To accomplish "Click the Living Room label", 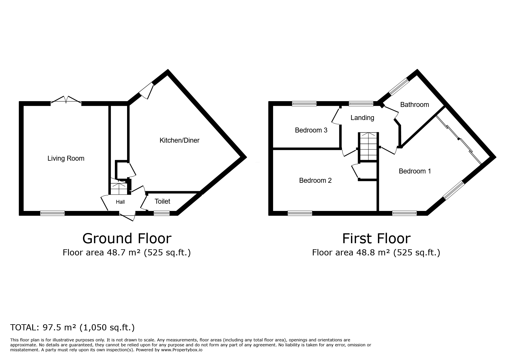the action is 66,158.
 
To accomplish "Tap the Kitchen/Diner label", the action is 179,140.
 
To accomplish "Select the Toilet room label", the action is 162,201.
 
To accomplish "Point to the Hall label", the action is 120,202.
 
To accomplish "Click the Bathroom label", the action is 414,105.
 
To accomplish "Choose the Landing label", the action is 362,118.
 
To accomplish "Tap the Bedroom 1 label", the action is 415,171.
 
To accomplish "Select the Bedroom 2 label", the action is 315,180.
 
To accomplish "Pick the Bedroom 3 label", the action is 311,130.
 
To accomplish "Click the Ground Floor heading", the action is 127,238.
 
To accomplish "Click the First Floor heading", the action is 376,238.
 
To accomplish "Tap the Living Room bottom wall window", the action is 52,213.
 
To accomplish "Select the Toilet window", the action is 162,213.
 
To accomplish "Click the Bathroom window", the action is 399,87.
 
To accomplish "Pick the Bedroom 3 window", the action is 304,103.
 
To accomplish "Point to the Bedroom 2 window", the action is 300,213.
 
